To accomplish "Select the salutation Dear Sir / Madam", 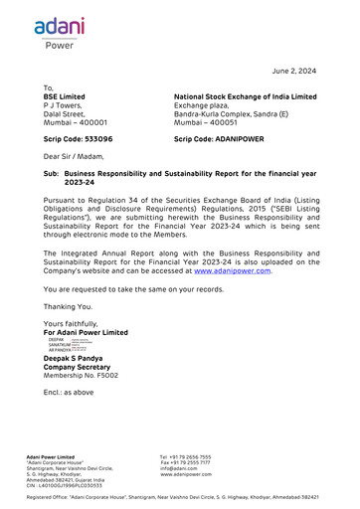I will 74,157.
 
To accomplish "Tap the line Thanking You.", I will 67,306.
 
